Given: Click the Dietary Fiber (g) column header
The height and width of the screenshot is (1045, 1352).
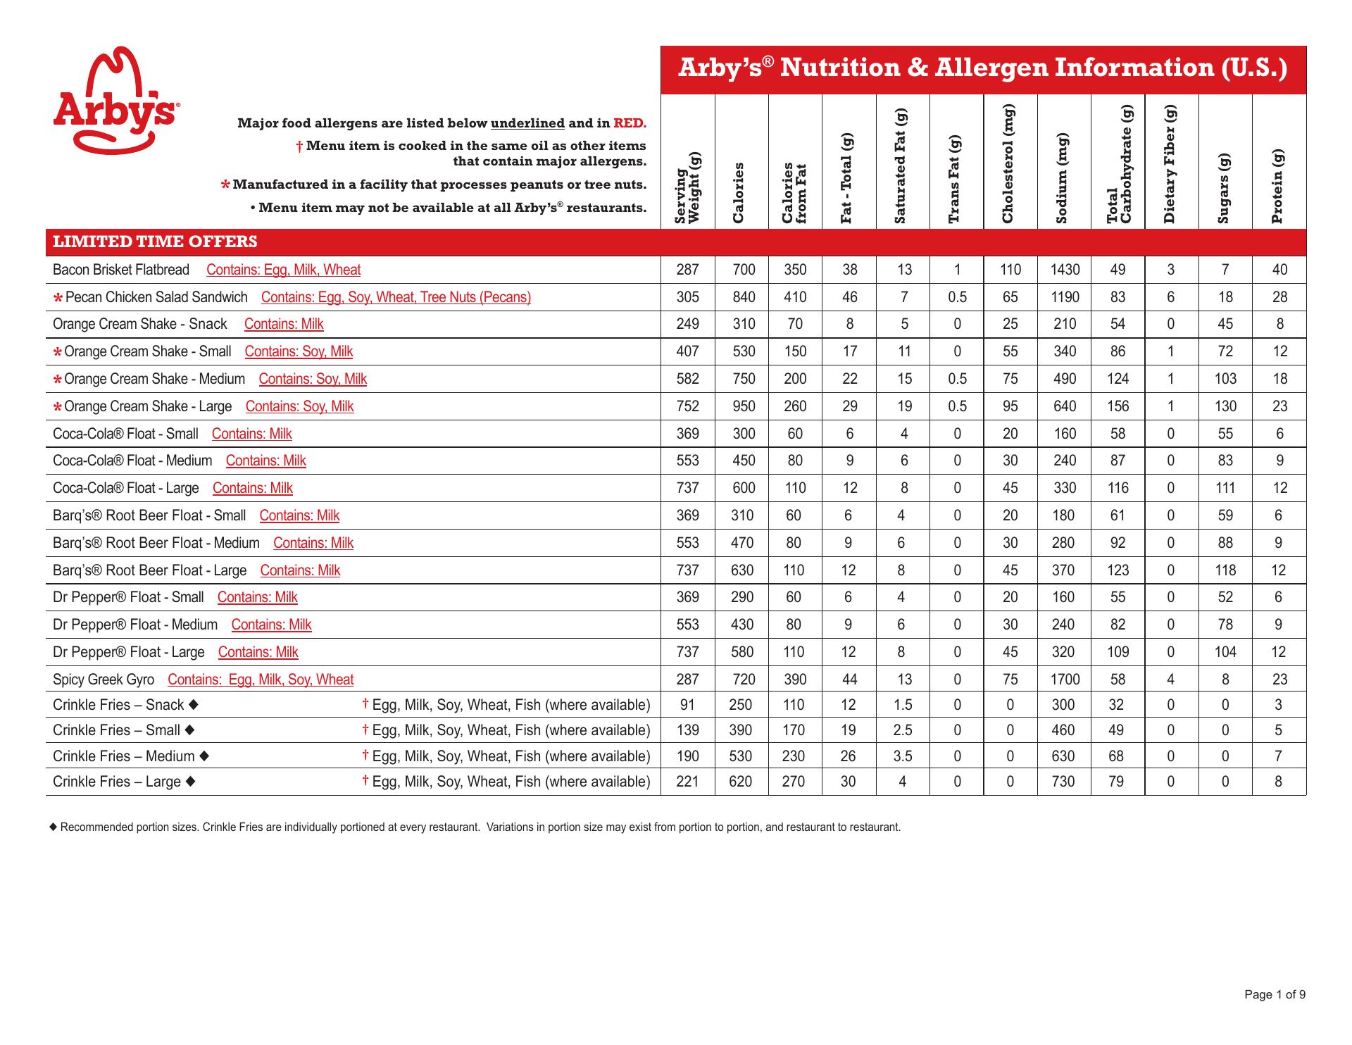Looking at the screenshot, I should [1171, 164].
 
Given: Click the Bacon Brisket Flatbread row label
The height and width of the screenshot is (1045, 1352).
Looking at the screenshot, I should [121, 270].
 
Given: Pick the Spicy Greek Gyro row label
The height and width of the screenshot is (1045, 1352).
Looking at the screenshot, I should [104, 680].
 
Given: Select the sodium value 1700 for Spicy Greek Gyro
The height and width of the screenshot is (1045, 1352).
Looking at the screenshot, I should [1065, 680].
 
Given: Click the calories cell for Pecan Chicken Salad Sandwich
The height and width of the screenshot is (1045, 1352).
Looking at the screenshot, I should [744, 297].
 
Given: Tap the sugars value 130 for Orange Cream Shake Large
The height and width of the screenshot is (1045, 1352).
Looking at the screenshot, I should [1225, 406].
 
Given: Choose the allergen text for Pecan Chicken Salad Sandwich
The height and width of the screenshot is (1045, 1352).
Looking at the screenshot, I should [396, 297].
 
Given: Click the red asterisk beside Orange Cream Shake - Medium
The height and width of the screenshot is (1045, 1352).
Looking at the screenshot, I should [58, 380].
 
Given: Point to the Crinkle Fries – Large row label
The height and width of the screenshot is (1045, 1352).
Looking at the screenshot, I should [117, 782].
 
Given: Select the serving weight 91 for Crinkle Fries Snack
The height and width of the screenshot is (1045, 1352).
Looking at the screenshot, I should [687, 705].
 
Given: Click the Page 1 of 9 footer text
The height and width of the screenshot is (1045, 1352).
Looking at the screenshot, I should [1275, 994].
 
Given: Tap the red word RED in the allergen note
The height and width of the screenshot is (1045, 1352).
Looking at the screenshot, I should [630, 123].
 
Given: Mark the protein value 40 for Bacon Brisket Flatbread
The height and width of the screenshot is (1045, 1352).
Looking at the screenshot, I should [1279, 270].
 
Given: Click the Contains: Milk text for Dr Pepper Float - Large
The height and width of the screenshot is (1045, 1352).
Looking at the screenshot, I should [258, 652].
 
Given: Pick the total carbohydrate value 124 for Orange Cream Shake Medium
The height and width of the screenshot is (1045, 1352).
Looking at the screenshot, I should [1118, 379].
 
